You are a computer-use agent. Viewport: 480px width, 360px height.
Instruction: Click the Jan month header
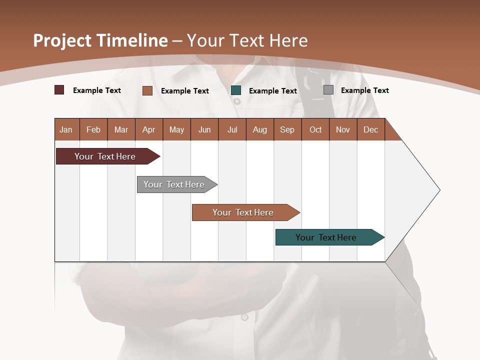66,129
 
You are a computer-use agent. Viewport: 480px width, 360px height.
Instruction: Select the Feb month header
93,129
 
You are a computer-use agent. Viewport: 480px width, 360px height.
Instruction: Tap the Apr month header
148,129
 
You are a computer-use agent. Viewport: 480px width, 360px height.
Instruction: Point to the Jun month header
204,129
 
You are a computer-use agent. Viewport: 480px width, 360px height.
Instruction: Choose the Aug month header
259,129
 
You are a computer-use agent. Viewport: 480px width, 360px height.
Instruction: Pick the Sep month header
287,129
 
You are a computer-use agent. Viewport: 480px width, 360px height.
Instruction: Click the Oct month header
315,129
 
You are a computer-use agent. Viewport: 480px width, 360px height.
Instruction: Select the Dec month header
370,129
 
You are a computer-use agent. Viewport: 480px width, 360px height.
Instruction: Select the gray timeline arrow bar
175,184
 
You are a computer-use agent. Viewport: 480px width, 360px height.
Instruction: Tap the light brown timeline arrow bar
244,212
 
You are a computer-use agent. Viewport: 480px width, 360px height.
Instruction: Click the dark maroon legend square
59,90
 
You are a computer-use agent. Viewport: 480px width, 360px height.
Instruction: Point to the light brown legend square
147,90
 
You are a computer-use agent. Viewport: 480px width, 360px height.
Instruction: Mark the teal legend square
236,90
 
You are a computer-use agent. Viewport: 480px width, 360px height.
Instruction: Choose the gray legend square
328,90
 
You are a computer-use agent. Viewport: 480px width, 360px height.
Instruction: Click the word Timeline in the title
131,40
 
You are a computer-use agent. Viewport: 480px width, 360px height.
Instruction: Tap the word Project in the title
62,40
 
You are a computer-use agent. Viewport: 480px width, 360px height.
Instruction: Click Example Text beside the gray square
364,90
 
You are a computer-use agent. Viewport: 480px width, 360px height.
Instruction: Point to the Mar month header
121,129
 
